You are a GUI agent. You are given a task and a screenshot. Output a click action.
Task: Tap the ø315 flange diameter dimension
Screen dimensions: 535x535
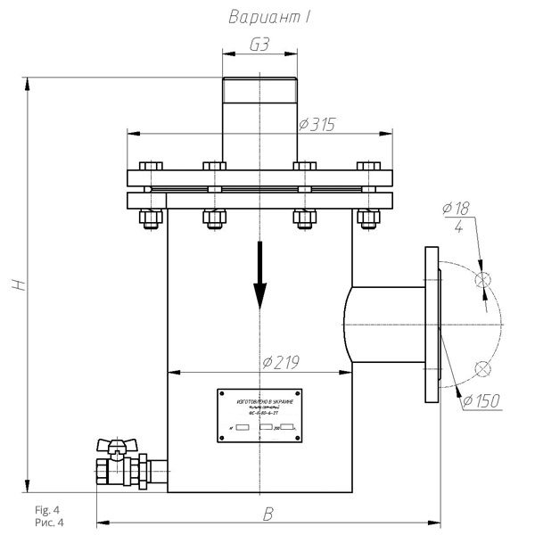[x=317, y=125]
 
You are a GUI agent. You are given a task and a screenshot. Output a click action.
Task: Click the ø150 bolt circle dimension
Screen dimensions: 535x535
[x=481, y=400]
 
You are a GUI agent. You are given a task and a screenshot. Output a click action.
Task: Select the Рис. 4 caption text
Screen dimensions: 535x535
[x=48, y=522]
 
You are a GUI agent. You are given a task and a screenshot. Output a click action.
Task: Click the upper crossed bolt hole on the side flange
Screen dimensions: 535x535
[x=482, y=280]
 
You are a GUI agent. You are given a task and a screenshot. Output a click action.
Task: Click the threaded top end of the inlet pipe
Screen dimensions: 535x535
[x=258, y=90]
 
